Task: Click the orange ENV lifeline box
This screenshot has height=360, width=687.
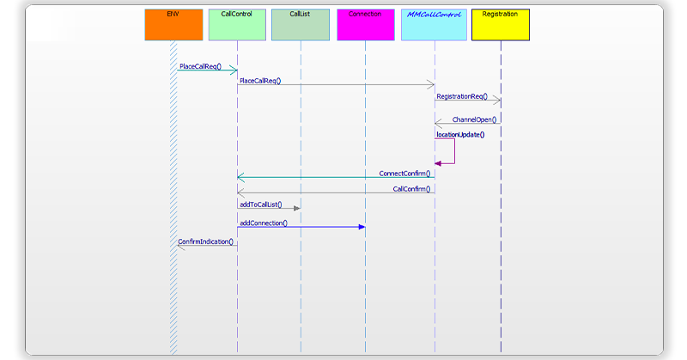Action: [173, 25]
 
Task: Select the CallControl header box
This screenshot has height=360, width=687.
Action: [237, 25]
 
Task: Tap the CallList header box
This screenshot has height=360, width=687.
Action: [301, 25]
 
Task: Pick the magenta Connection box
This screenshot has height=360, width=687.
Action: [365, 25]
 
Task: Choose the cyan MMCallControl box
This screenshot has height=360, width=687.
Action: [434, 25]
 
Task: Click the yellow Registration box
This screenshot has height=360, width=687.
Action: [501, 25]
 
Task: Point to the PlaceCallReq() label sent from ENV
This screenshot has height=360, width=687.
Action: [201, 66]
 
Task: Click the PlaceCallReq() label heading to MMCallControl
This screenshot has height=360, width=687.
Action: [260, 81]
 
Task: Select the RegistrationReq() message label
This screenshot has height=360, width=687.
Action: [461, 96]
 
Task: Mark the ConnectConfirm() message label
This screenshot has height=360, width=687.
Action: [404, 173]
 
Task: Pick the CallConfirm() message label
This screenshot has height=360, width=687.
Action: [411, 188]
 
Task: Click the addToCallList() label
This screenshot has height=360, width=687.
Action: [260, 204]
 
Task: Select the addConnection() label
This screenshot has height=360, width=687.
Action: [263, 223]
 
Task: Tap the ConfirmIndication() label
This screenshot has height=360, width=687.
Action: [205, 241]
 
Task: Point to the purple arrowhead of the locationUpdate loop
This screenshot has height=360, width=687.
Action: [439, 162]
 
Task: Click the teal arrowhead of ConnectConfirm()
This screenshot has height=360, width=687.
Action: [241, 178]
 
